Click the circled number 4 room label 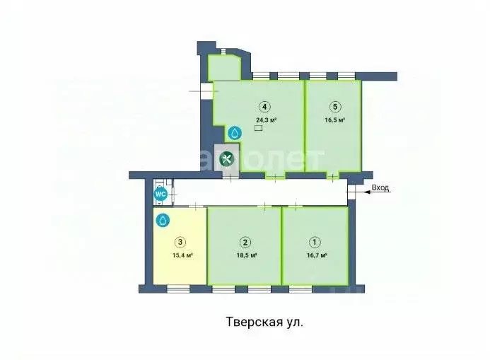pyautogui.click(x=264, y=108)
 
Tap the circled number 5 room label pyautogui.click(x=334, y=108)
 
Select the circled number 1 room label pyautogui.click(x=314, y=240)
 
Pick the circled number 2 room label pyautogui.click(x=244, y=240)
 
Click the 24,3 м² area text pyautogui.click(x=265, y=120)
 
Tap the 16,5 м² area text pyautogui.click(x=334, y=120)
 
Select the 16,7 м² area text pyautogui.click(x=314, y=255)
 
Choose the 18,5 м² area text pyautogui.click(x=245, y=255)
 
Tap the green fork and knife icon pyautogui.click(x=226, y=159)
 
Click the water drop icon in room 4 pyautogui.click(x=235, y=132)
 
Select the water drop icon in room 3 pyautogui.click(x=163, y=221)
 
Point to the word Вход pyautogui.click(x=380, y=188)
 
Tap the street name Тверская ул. pyautogui.click(x=264, y=322)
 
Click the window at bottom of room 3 pyautogui.click(x=178, y=286)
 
